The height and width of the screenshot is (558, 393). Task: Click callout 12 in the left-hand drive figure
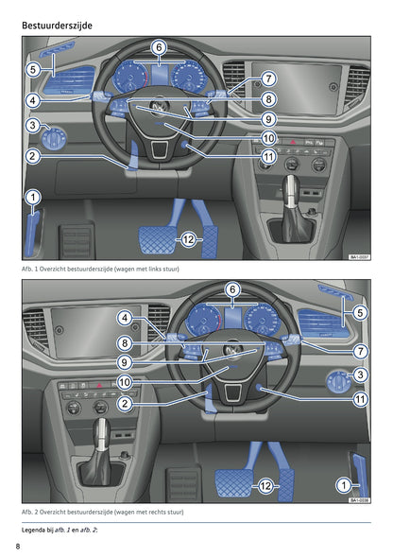click(189, 240)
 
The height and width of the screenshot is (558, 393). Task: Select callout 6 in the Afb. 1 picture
click(159, 47)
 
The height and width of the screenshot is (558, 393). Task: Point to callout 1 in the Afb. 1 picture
click(33, 197)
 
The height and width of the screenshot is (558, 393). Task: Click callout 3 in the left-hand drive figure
click(33, 125)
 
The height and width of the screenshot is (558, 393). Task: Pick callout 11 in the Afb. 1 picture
click(268, 156)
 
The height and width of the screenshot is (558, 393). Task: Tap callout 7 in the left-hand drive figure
click(268, 79)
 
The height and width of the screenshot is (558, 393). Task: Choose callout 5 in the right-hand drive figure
click(360, 312)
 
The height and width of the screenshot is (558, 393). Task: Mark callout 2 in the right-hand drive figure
click(124, 403)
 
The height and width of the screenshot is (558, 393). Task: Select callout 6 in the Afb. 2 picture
click(231, 288)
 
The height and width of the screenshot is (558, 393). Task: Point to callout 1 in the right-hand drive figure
click(344, 484)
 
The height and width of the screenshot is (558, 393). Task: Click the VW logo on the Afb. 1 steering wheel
click(159, 106)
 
